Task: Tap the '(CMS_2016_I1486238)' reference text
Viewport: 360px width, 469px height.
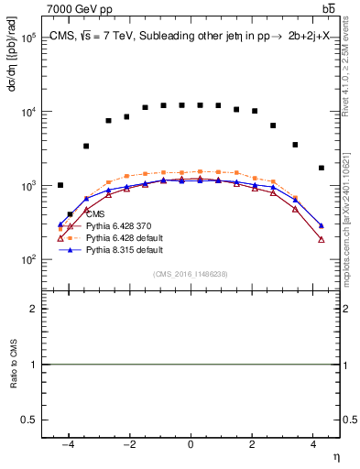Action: pyautogui.click(x=191, y=274)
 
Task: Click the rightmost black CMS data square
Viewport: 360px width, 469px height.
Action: pyautogui.click(x=321, y=168)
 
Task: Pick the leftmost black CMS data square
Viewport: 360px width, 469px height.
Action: pyautogui.click(x=60, y=185)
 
